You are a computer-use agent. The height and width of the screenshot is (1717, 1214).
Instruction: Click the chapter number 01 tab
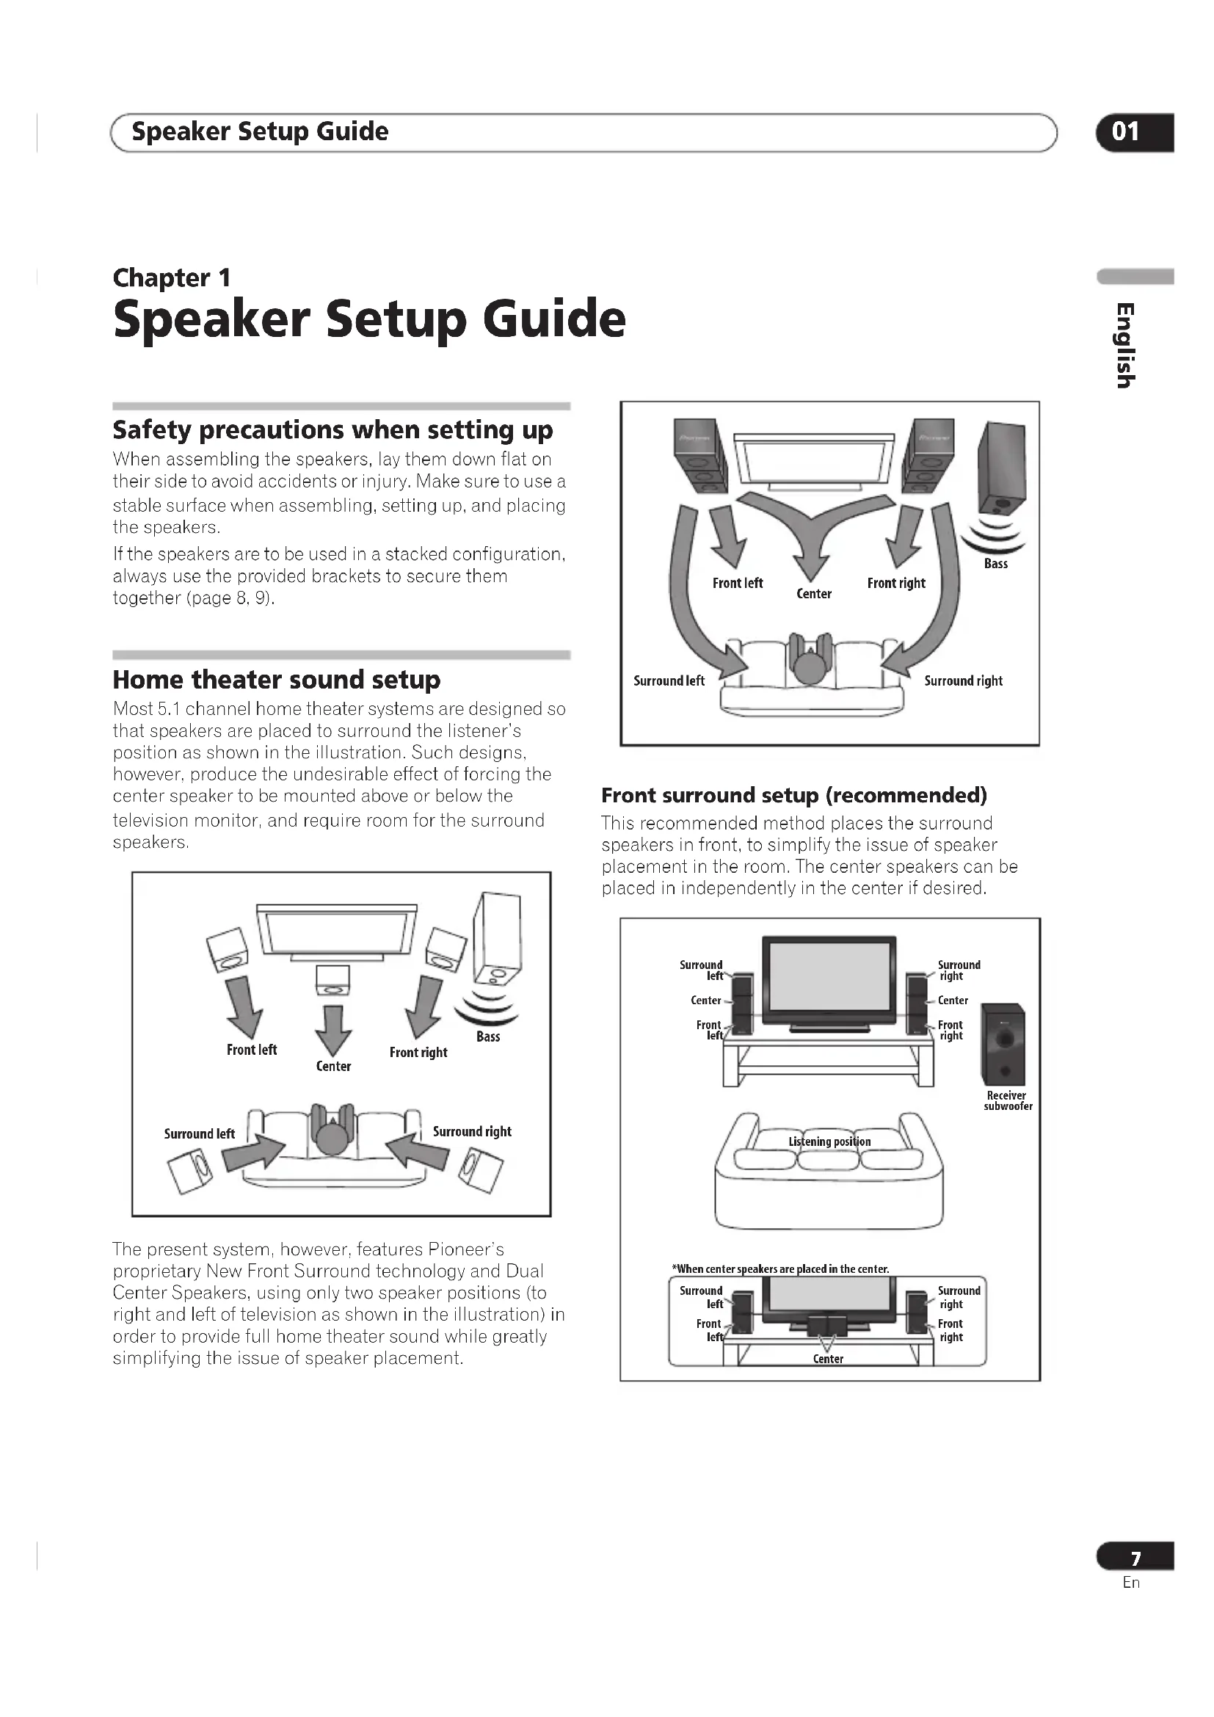pos(1133,132)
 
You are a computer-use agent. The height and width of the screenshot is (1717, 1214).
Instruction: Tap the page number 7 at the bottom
pos(1135,1558)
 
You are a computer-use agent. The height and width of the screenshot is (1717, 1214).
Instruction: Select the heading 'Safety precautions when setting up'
pos(332,430)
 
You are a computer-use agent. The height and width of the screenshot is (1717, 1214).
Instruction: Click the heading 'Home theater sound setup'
pos(277,680)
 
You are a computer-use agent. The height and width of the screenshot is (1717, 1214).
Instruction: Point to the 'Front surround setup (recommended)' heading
pos(794,795)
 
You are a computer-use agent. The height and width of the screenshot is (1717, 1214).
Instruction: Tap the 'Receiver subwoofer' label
pos(1008,1101)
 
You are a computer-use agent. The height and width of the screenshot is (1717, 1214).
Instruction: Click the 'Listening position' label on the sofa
pos(829,1142)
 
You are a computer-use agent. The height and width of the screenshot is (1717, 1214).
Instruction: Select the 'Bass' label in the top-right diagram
pos(996,564)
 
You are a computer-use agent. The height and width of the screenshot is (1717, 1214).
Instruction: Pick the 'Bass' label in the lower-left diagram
pos(488,1037)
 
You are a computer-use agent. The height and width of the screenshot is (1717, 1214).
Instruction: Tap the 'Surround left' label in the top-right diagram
pos(669,681)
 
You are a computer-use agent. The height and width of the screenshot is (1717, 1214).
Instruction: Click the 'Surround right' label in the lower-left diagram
pos(472,1131)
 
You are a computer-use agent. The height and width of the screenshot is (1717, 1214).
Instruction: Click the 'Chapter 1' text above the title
pos(171,278)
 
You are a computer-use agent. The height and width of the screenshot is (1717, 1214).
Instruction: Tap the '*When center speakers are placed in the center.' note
pos(780,1269)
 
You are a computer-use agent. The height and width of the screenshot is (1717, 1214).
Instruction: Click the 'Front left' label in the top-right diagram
pos(737,584)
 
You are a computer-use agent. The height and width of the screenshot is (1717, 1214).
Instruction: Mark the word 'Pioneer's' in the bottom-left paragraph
pos(466,1249)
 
